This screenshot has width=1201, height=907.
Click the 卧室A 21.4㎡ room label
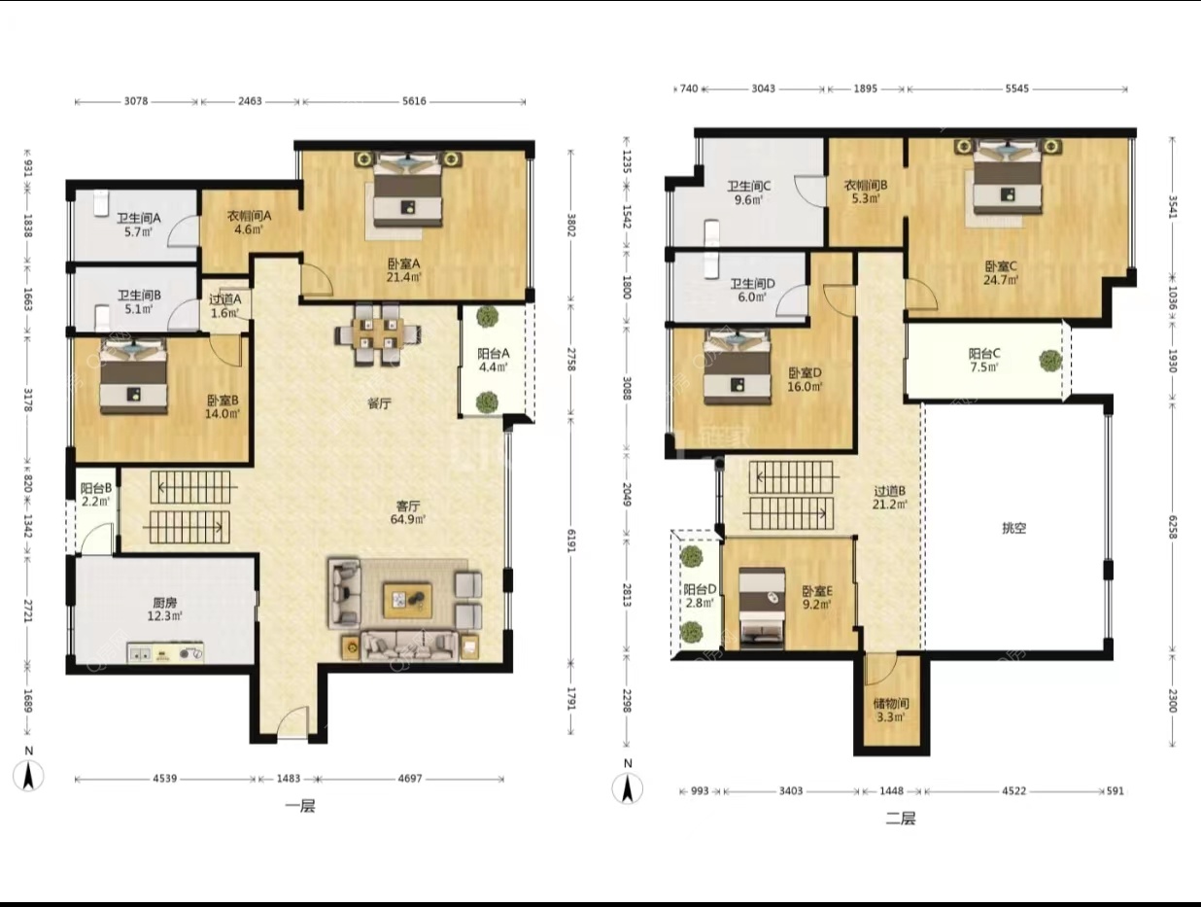click(x=404, y=270)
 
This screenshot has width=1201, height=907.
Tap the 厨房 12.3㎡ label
click(x=164, y=610)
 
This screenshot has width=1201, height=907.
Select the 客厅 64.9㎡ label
click(x=408, y=511)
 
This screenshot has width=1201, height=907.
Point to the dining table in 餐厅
click(x=378, y=333)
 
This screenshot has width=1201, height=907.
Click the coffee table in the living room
click(x=407, y=601)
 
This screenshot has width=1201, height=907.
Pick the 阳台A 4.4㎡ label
click(x=494, y=360)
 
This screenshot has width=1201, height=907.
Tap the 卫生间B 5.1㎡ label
click(x=139, y=301)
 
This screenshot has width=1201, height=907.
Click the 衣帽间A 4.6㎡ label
click(x=249, y=223)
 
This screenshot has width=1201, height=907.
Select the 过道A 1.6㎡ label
click(x=224, y=306)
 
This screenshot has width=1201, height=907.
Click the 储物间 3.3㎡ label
click(x=891, y=710)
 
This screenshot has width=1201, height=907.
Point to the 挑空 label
click(x=1013, y=528)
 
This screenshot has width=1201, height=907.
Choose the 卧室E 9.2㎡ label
click(x=817, y=597)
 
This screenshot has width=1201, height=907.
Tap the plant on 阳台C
click(x=1050, y=361)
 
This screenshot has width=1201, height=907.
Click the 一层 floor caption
click(x=300, y=806)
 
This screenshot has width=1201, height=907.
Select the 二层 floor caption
click(x=900, y=819)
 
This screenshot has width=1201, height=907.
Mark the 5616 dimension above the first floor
click(x=414, y=101)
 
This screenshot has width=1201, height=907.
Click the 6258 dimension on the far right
click(x=1172, y=527)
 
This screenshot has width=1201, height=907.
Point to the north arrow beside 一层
click(x=28, y=775)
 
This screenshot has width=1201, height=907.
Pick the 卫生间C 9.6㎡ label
click(x=748, y=192)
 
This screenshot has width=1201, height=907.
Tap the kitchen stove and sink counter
click(x=165, y=653)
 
